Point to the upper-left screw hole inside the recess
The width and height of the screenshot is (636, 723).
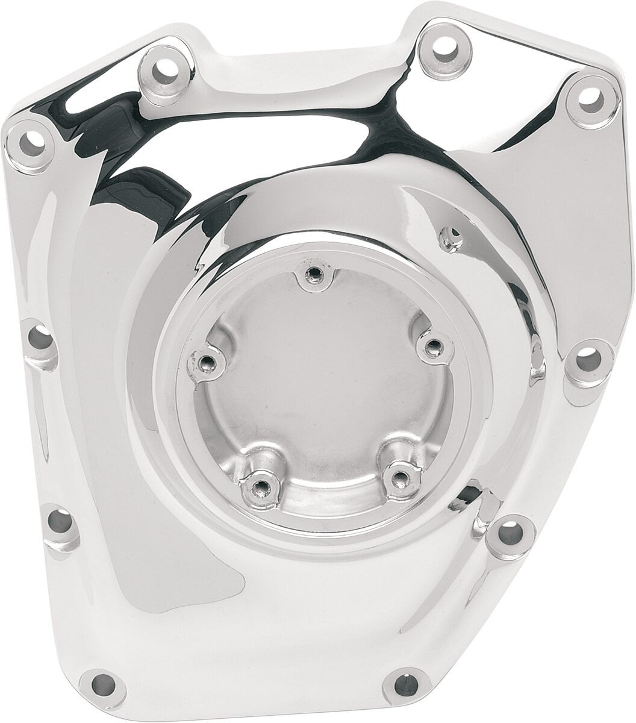click(207, 361)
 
